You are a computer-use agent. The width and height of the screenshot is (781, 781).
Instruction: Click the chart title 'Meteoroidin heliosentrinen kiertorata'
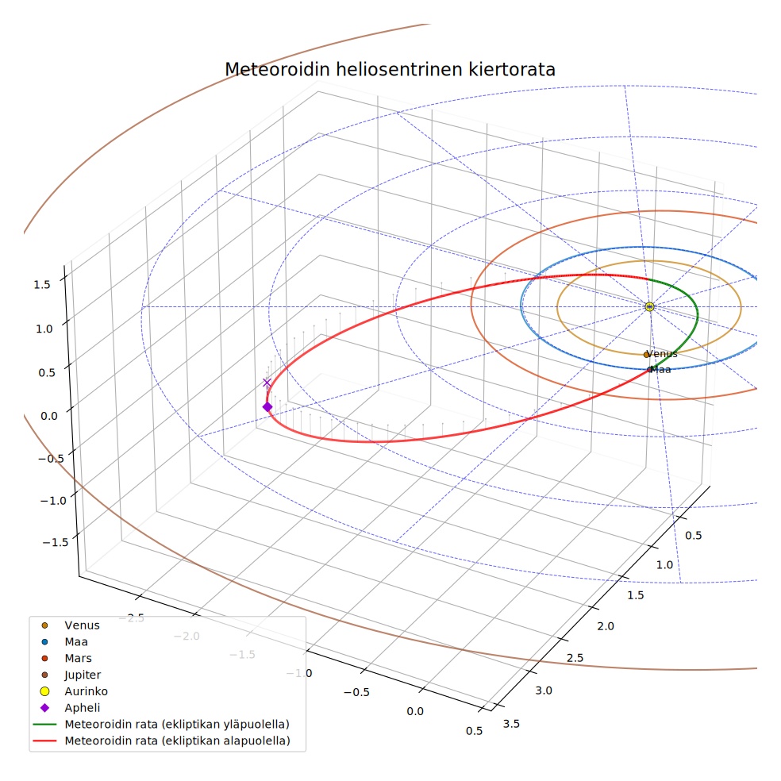tap(390, 69)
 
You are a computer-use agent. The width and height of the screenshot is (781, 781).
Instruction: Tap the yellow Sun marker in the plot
tap(649, 307)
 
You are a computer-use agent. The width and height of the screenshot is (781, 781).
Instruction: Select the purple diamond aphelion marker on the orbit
tap(267, 407)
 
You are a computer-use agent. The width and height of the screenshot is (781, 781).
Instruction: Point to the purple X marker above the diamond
tap(267, 383)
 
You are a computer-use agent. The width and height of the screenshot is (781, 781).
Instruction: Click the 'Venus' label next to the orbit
tap(662, 354)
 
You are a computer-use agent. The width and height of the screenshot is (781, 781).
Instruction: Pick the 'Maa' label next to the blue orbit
tap(660, 370)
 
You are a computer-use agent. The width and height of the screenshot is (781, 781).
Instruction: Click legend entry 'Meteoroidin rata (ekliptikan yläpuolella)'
tap(161, 724)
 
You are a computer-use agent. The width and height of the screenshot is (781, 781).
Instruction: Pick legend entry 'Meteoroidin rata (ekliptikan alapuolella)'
tap(161, 741)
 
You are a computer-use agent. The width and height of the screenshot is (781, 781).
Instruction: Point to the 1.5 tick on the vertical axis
tap(42, 284)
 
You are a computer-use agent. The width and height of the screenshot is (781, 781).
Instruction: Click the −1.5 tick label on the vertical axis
tap(55, 542)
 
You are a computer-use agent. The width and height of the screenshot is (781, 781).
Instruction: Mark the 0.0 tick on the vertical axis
tap(49, 416)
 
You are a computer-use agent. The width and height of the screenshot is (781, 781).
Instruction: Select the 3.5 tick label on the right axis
tap(511, 724)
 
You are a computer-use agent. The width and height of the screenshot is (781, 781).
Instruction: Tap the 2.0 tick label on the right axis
tap(605, 626)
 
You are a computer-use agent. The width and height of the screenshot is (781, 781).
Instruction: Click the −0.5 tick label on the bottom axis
tap(356, 692)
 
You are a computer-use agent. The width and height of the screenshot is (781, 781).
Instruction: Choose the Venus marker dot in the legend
tap(44, 625)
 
